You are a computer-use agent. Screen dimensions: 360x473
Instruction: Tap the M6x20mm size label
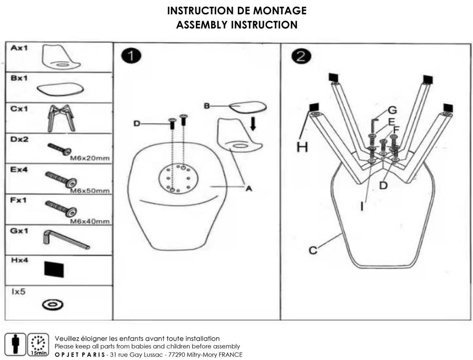[89, 158]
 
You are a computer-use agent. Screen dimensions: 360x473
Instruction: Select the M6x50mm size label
[89, 190]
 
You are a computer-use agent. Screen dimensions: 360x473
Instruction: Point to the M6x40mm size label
[89, 221]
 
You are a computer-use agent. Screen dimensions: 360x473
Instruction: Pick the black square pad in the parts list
[54, 269]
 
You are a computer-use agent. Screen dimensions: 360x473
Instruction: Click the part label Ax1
[19, 48]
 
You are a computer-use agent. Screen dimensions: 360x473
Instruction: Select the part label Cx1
[19, 109]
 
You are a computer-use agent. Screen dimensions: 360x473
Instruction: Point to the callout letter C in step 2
[313, 250]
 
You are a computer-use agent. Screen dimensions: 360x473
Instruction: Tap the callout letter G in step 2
[392, 110]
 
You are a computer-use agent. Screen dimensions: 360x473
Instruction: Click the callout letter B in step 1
[207, 106]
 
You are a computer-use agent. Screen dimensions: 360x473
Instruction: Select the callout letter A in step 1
[249, 188]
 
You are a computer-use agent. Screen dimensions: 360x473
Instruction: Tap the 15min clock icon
[38, 344]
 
